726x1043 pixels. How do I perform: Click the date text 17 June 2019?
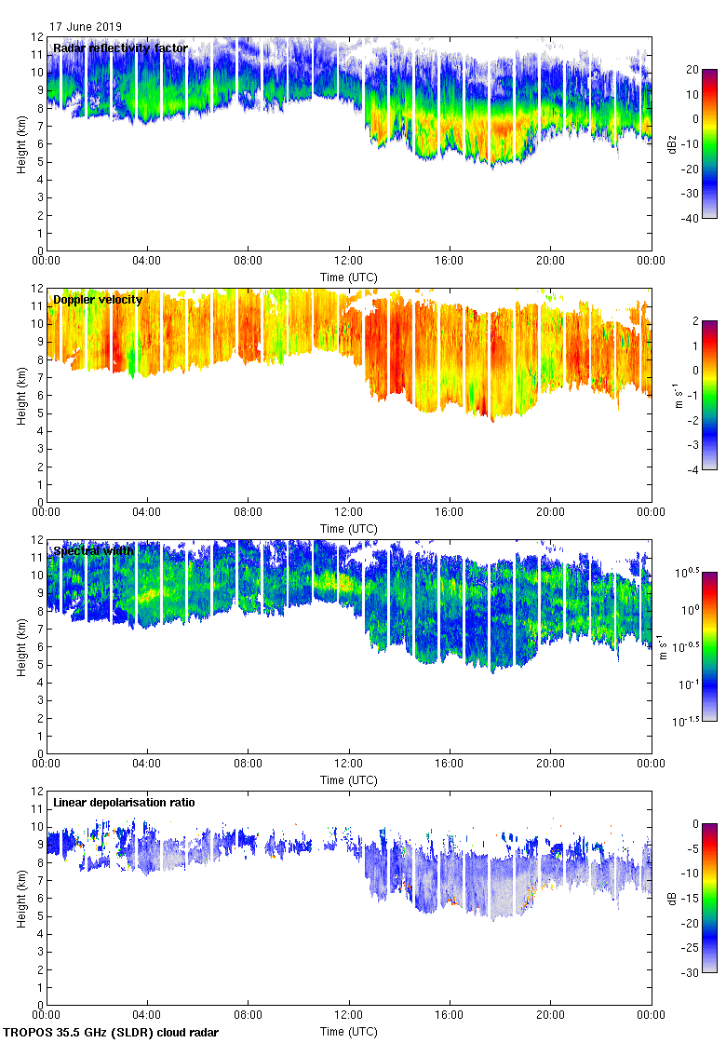click(x=85, y=27)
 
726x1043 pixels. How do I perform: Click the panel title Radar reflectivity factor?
click(x=120, y=48)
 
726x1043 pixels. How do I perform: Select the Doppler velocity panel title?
click(x=98, y=300)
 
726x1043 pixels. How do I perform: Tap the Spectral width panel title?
click(x=93, y=551)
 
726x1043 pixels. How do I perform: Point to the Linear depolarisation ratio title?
click(x=124, y=803)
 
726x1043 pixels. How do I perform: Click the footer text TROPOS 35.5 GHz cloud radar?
click(x=112, y=1033)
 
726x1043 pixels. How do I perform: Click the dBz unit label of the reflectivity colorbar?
click(x=673, y=143)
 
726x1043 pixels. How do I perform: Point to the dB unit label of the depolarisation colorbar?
click(x=673, y=898)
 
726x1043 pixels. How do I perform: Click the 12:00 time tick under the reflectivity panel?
click(x=348, y=261)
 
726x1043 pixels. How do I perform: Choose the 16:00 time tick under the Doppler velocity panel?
click(x=450, y=512)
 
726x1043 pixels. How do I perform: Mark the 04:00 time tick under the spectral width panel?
click(x=147, y=764)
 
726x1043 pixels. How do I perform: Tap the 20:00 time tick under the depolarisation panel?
click(x=550, y=1015)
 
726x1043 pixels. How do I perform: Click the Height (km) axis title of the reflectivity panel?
click(x=20, y=143)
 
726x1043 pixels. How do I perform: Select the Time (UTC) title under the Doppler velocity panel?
click(x=349, y=529)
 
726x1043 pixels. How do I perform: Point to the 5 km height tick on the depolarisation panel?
click(x=38, y=915)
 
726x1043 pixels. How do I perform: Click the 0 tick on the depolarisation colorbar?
click(x=694, y=824)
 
